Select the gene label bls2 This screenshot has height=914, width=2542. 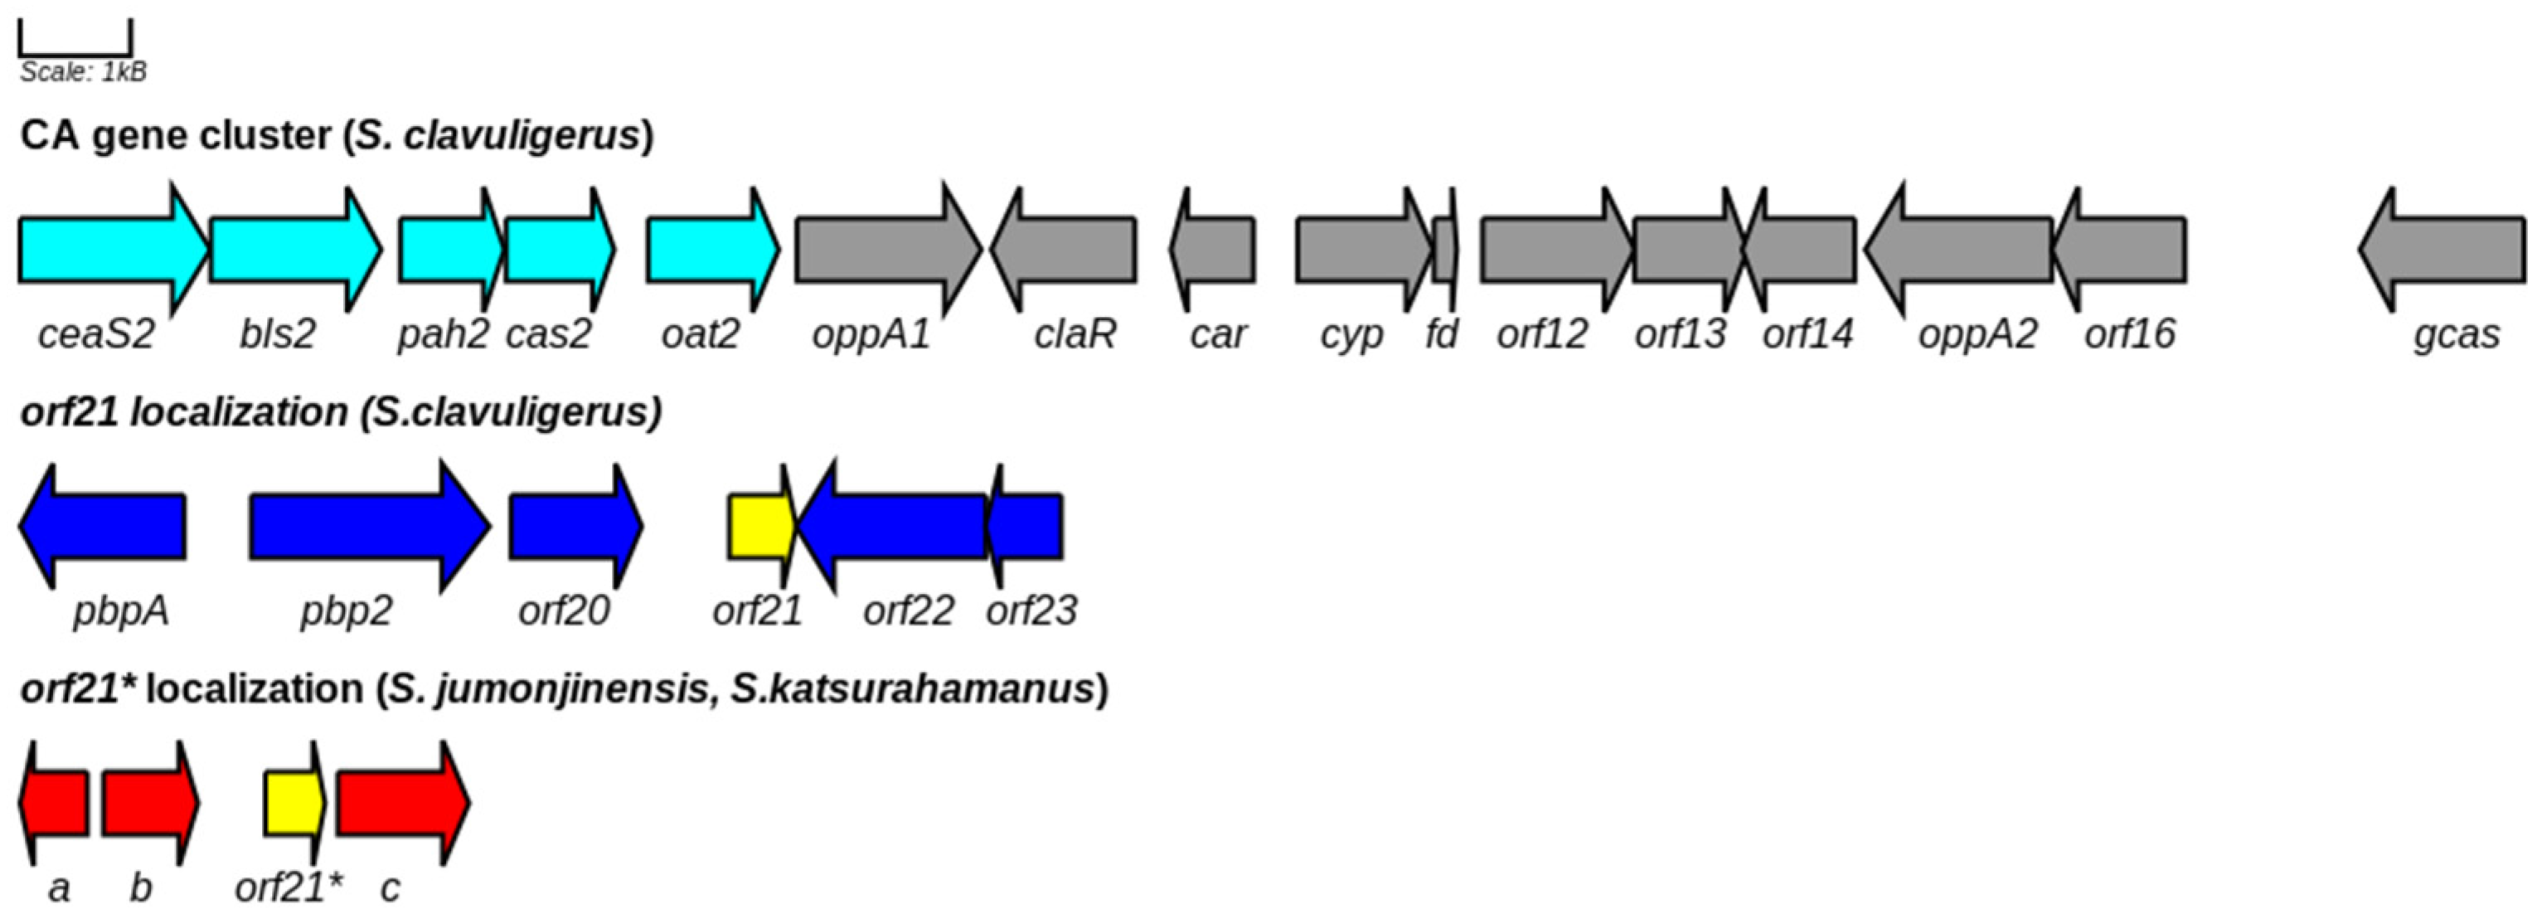tap(277, 333)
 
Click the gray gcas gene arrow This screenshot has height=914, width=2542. tap(2447, 250)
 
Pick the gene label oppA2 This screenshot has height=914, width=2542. tap(1977, 333)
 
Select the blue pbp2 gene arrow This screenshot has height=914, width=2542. tap(365, 526)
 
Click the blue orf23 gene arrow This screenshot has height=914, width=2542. tap(1028, 526)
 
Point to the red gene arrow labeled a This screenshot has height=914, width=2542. tap(56, 803)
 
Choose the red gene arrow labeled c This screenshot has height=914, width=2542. tap(400, 803)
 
